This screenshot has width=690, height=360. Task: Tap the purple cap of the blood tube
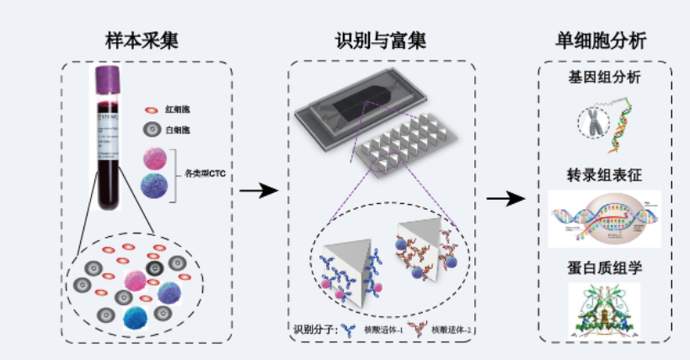107,82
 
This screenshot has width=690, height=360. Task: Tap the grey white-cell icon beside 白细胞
152,130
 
